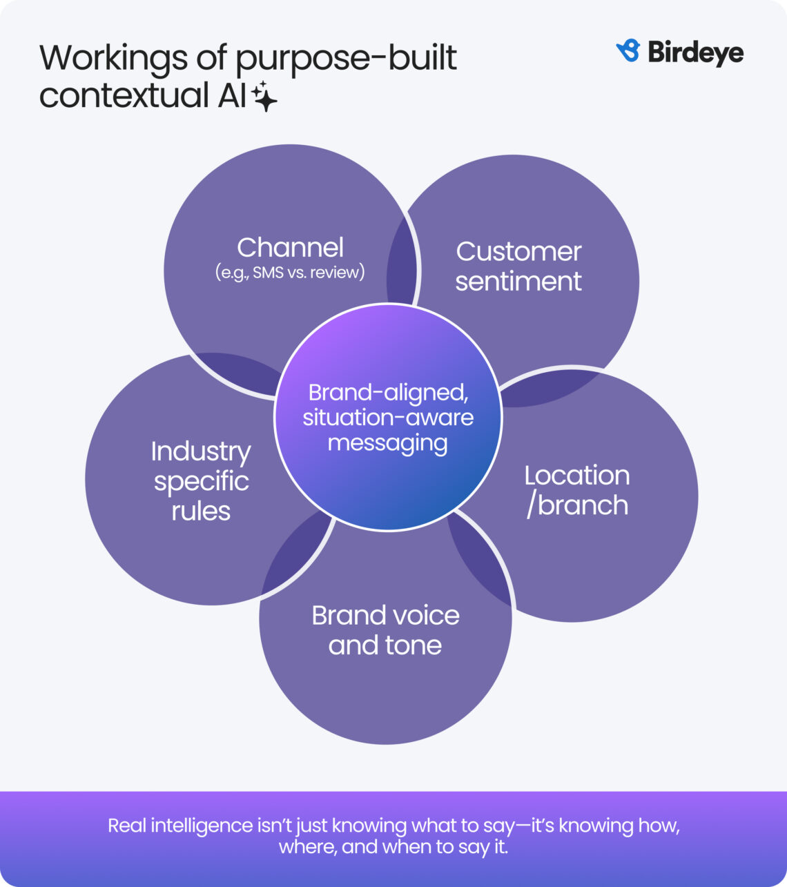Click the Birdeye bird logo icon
pos(628,51)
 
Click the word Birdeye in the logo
pos(695,52)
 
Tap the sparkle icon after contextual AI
pos(265,97)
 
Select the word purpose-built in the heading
pos(346,59)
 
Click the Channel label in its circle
pos(290,248)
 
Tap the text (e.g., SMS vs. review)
pos(290,272)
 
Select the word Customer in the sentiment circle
pos(518,252)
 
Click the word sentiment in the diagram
pos(518,282)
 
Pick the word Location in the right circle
pos(577,476)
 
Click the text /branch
pos(577,505)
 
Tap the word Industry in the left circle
pos(201,451)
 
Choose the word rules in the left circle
pos(201,511)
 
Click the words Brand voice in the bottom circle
pos(385,615)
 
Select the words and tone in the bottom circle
pos(385,645)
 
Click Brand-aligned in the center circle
pos(388,392)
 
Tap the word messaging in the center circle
pos(388,443)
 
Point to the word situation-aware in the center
pos(388,418)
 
